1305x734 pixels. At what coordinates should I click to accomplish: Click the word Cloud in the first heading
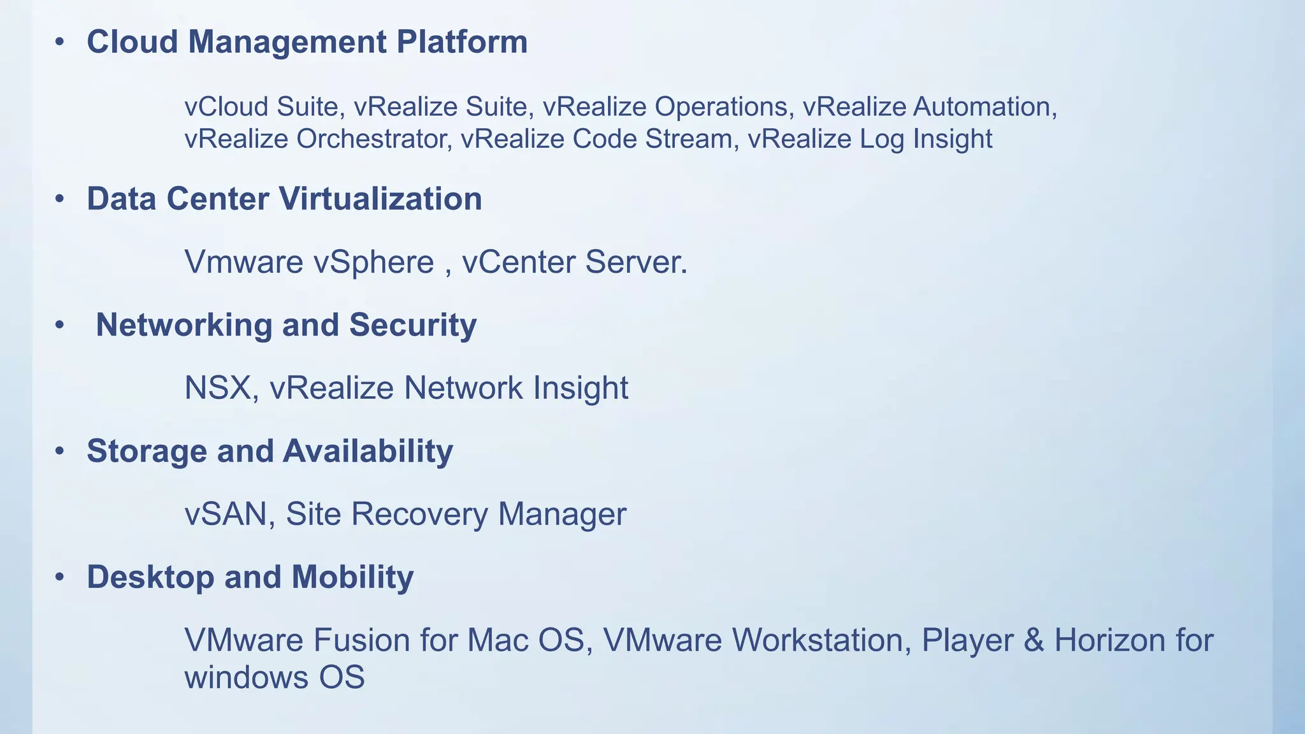132,42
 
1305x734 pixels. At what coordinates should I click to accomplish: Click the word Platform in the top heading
462,42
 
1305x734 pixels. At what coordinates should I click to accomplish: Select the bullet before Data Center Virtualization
60,199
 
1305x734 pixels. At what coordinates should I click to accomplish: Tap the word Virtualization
380,199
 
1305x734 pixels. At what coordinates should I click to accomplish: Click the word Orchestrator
371,139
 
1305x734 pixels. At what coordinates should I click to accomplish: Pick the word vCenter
519,262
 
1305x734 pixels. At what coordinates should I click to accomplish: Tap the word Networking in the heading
184,325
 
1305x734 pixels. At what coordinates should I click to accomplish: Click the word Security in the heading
412,325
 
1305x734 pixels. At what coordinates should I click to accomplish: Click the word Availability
368,451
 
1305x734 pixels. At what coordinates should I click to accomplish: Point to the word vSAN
225,514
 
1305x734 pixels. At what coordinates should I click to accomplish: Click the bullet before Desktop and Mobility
60,577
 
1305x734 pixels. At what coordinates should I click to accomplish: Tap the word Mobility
352,577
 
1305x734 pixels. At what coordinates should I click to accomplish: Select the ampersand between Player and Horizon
1034,640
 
